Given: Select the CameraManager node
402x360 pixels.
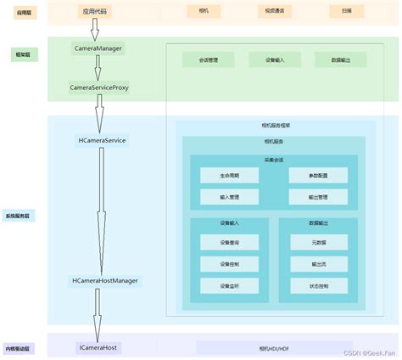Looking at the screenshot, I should [98, 49].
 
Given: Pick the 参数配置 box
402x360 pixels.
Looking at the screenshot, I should [317, 175].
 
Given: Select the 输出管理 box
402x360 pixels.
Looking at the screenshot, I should [317, 196].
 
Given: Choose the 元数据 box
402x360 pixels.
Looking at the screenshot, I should [317, 243].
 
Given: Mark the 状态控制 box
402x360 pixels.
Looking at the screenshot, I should [317, 285].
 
